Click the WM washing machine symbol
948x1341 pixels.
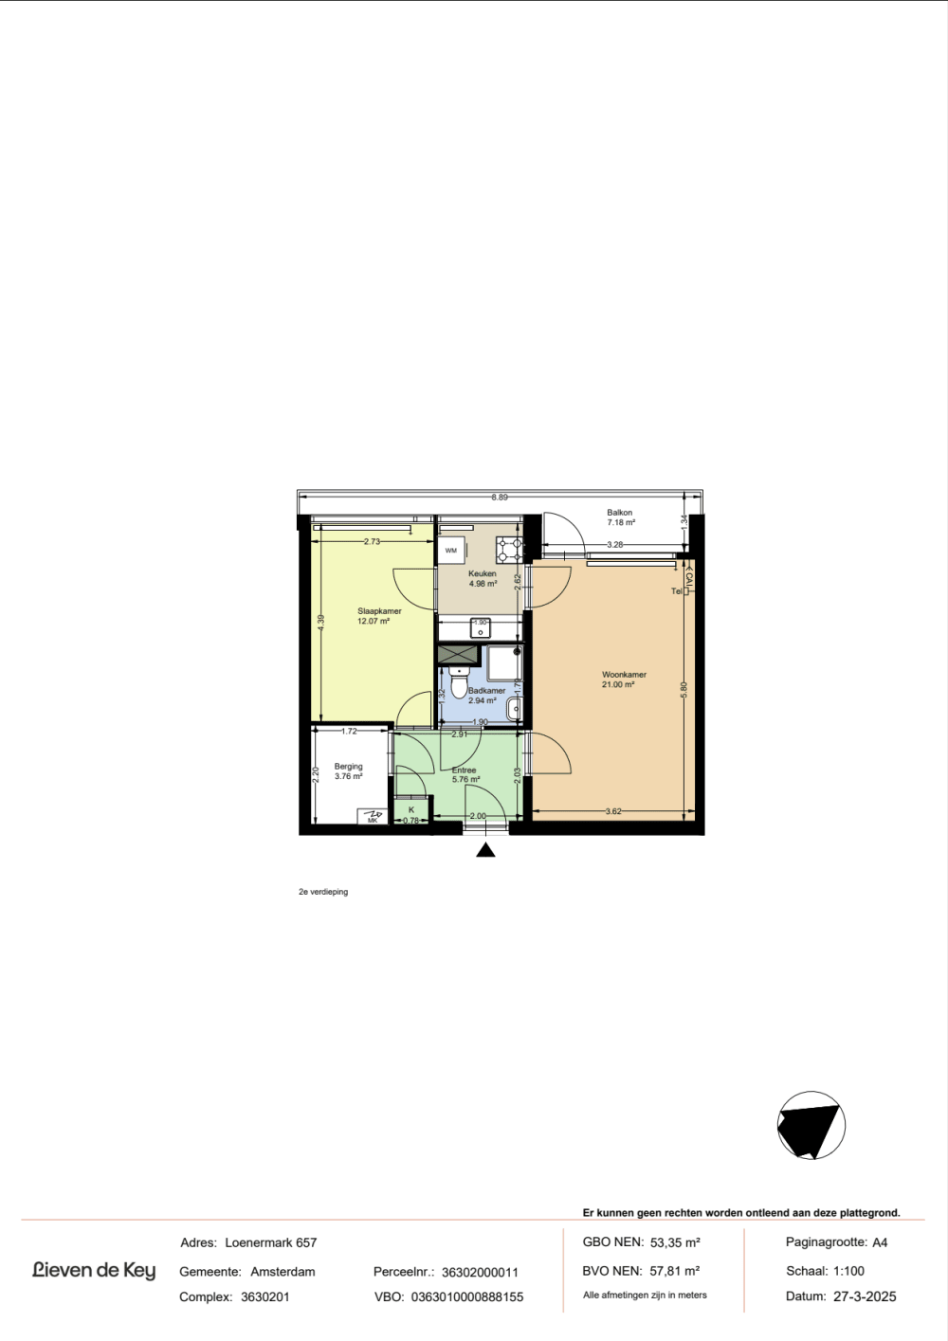click(451, 551)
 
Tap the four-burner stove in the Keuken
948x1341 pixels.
click(509, 551)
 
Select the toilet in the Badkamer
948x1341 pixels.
click(459, 682)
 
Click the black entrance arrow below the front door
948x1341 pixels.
click(485, 850)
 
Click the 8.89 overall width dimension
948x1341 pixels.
click(500, 497)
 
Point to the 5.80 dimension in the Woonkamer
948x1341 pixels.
click(684, 690)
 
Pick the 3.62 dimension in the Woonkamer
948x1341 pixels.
click(613, 812)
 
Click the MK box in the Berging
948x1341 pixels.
click(373, 817)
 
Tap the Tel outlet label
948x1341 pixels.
click(677, 591)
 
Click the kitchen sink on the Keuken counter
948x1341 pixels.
click(481, 628)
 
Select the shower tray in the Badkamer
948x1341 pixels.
click(505, 663)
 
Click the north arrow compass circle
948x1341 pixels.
click(811, 1125)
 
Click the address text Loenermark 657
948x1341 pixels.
click(271, 1242)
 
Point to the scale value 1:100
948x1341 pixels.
click(848, 1270)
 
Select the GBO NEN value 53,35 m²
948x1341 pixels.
click(675, 1242)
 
